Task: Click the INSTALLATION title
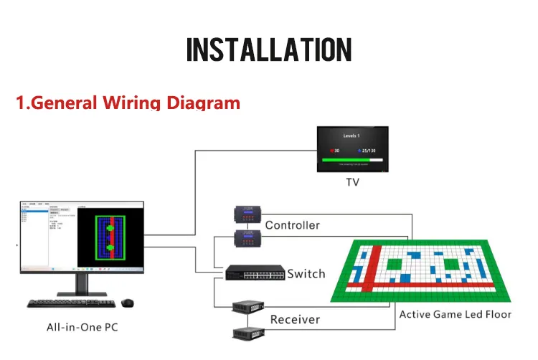[x=269, y=49]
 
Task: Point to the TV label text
[x=351, y=183]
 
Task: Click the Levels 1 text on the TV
[x=351, y=136]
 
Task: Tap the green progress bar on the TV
[x=351, y=161]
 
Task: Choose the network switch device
[x=255, y=273]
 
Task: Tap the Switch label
[x=306, y=274]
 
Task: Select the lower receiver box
[x=247, y=332]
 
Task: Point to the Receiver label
[x=295, y=319]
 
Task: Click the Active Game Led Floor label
[x=456, y=314]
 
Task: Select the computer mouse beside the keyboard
[x=128, y=303]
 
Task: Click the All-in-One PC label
[x=82, y=328]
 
